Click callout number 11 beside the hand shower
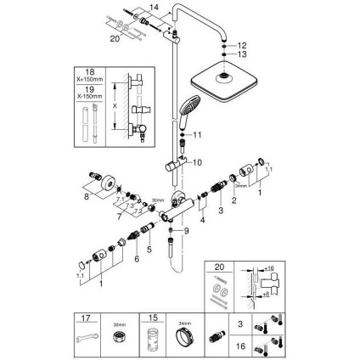199,135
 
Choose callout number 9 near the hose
186,231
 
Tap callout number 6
134,262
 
